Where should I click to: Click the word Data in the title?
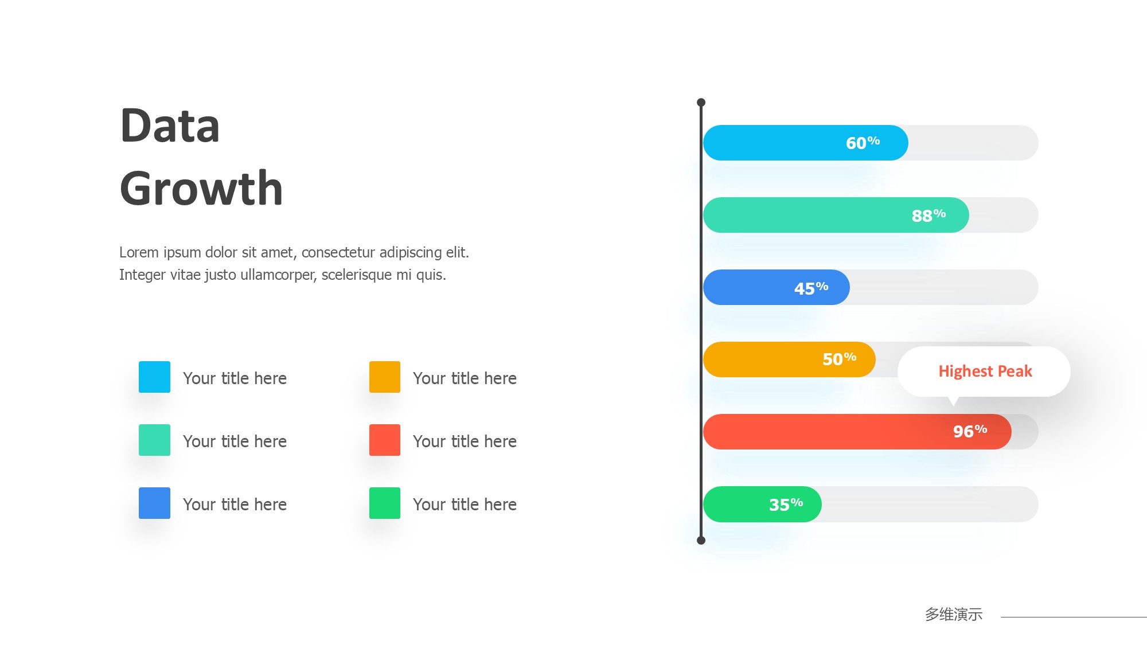(x=170, y=126)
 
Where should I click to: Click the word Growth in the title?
(x=201, y=188)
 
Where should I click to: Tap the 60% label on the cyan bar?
(x=863, y=143)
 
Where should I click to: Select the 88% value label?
(x=928, y=216)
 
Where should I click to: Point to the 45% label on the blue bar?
(x=811, y=288)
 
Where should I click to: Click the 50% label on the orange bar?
(x=840, y=359)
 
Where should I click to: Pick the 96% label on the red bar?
(x=970, y=431)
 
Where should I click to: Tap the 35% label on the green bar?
(x=786, y=505)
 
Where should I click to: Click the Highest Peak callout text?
(x=985, y=372)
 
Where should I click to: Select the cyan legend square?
(x=154, y=377)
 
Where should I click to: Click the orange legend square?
(x=385, y=377)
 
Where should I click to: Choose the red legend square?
(x=385, y=440)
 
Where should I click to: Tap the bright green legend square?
(x=385, y=503)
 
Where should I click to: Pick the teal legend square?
(x=154, y=440)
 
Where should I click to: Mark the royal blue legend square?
(x=154, y=503)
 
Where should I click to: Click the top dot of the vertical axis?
(x=701, y=103)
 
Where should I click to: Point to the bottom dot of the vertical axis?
(x=701, y=540)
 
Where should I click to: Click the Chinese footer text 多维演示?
(x=954, y=615)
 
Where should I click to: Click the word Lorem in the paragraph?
(x=139, y=252)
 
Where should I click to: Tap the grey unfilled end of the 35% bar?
(x=930, y=504)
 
